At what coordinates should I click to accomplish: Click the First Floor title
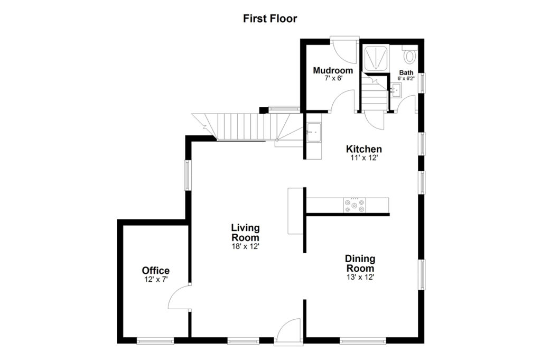[270, 19]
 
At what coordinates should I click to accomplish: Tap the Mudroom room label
[333, 70]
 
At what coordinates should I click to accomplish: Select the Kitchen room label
[363, 149]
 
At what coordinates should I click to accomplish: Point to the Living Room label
[245, 233]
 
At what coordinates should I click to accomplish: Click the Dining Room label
[360, 263]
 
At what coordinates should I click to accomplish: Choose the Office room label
[156, 270]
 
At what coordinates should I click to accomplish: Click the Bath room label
[406, 72]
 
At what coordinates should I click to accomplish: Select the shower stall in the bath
[376, 58]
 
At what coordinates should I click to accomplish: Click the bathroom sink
[396, 90]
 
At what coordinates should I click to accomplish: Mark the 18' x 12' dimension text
[245, 246]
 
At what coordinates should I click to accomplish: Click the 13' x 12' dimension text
[360, 277]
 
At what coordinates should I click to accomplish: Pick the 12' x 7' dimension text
[156, 279]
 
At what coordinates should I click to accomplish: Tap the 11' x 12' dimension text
[364, 158]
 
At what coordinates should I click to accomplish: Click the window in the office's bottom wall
[155, 341]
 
